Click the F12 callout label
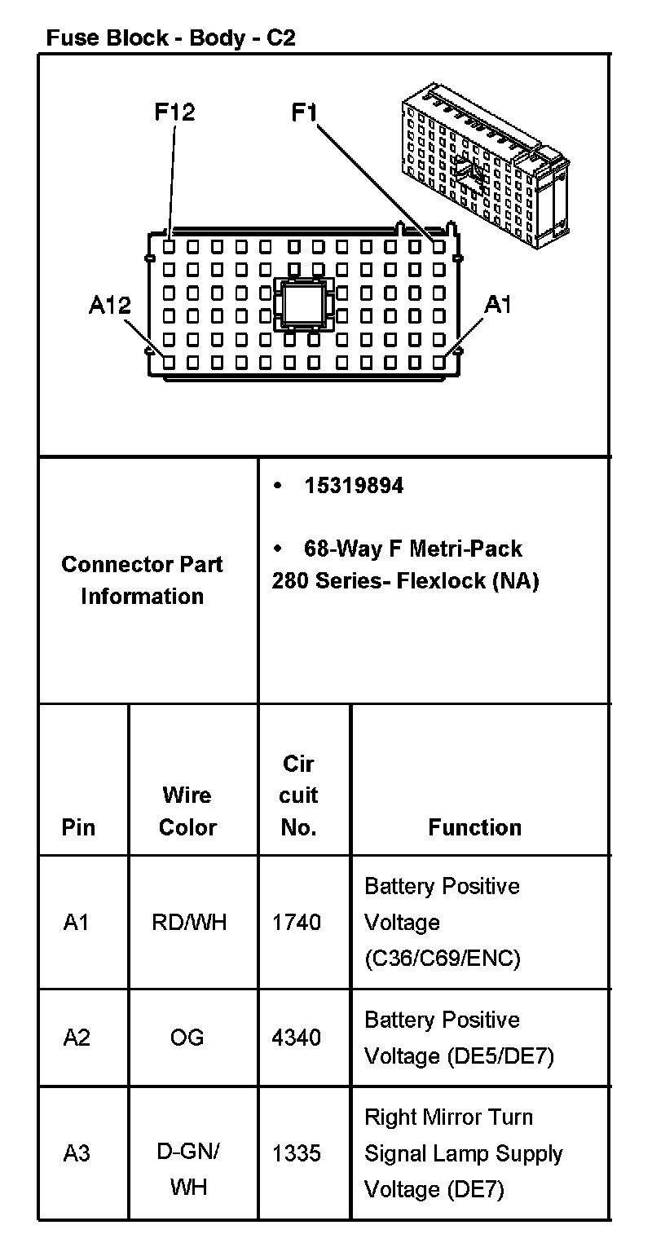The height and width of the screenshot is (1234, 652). click(x=175, y=112)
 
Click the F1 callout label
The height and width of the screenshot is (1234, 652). click(x=304, y=112)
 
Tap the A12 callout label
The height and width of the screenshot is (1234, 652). click(x=109, y=306)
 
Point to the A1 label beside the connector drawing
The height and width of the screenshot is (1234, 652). click(x=497, y=305)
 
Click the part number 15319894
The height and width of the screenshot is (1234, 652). click(x=354, y=486)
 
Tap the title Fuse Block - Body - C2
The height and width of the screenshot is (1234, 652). click(x=170, y=37)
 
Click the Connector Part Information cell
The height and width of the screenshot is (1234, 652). click(x=142, y=580)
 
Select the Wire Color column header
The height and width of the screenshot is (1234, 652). click(x=187, y=811)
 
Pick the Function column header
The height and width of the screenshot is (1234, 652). click(x=474, y=827)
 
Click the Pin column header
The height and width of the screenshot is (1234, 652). click(x=78, y=827)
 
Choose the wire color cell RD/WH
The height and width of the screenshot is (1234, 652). click(x=189, y=922)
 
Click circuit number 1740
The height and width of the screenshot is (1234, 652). click(x=297, y=922)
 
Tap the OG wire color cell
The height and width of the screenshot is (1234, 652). click(x=187, y=1038)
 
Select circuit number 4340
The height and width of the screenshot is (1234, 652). click(x=297, y=1038)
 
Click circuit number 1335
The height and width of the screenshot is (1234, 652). click(x=297, y=1153)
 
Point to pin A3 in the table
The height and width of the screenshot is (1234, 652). click(x=77, y=1153)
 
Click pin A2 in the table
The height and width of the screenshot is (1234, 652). click(x=77, y=1038)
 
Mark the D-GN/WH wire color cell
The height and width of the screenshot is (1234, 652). click(x=187, y=1169)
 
